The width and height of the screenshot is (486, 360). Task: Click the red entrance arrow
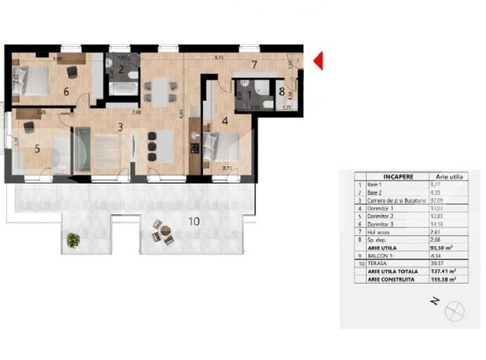318,60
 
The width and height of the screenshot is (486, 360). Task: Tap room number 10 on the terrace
194,222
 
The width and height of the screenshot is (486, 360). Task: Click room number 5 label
37,149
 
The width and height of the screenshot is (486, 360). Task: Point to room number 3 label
121,127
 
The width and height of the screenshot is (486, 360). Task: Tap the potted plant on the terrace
73,239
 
